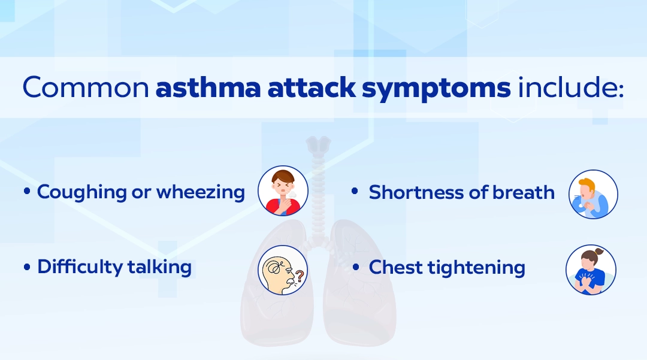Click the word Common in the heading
[86, 87]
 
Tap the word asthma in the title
[208, 87]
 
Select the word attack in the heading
[312, 87]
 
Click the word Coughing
[81, 192]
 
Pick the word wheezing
[201, 192]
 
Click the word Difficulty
[80, 267]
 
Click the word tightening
[476, 268]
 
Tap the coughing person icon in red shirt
[283, 190]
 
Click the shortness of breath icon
[593, 194]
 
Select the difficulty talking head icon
[283, 270]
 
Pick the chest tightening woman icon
[591, 270]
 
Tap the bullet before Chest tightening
[356, 267]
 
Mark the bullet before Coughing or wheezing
[27, 191]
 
